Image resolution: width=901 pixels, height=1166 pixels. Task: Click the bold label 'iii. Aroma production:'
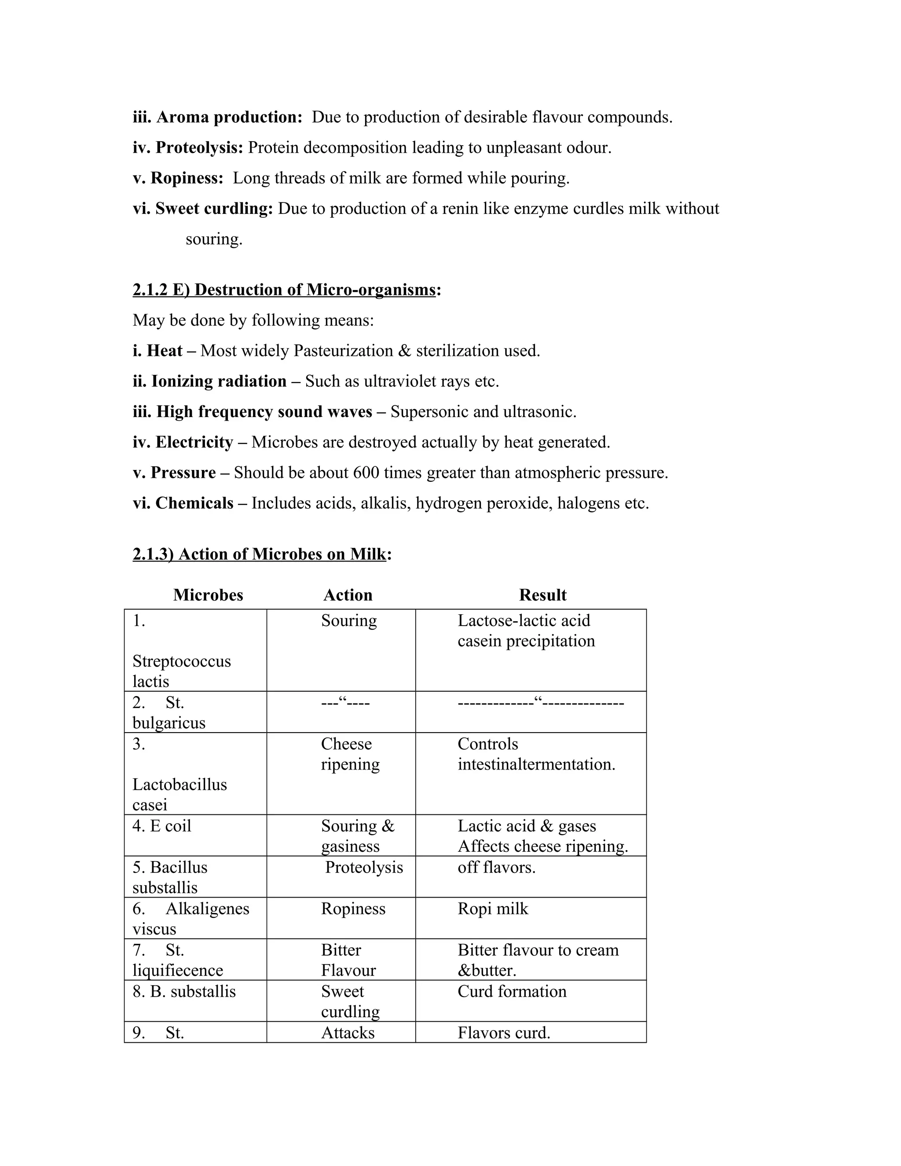(218, 117)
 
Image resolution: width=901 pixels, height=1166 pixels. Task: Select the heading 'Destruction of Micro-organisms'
(315, 290)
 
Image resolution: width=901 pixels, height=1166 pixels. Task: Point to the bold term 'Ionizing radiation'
(219, 381)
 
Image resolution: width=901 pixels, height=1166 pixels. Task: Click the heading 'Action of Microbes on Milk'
(282, 554)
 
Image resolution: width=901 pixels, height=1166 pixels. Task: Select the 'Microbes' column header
(208, 595)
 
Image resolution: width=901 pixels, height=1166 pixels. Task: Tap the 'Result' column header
(542, 595)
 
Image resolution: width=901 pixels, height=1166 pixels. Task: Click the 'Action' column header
(348, 595)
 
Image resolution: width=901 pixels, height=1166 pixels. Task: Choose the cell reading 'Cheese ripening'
(350, 754)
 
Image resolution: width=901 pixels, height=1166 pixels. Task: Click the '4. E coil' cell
(162, 826)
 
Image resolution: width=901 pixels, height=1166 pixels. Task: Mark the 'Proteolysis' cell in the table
(364, 867)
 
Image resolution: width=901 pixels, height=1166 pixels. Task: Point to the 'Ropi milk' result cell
(493, 909)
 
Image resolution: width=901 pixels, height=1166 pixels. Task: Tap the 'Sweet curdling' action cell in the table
(350, 1001)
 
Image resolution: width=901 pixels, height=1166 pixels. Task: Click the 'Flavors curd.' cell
(503, 1033)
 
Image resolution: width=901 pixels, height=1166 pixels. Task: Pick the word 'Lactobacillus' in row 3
(179, 784)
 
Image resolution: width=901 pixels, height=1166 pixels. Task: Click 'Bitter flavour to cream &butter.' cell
(538, 960)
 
